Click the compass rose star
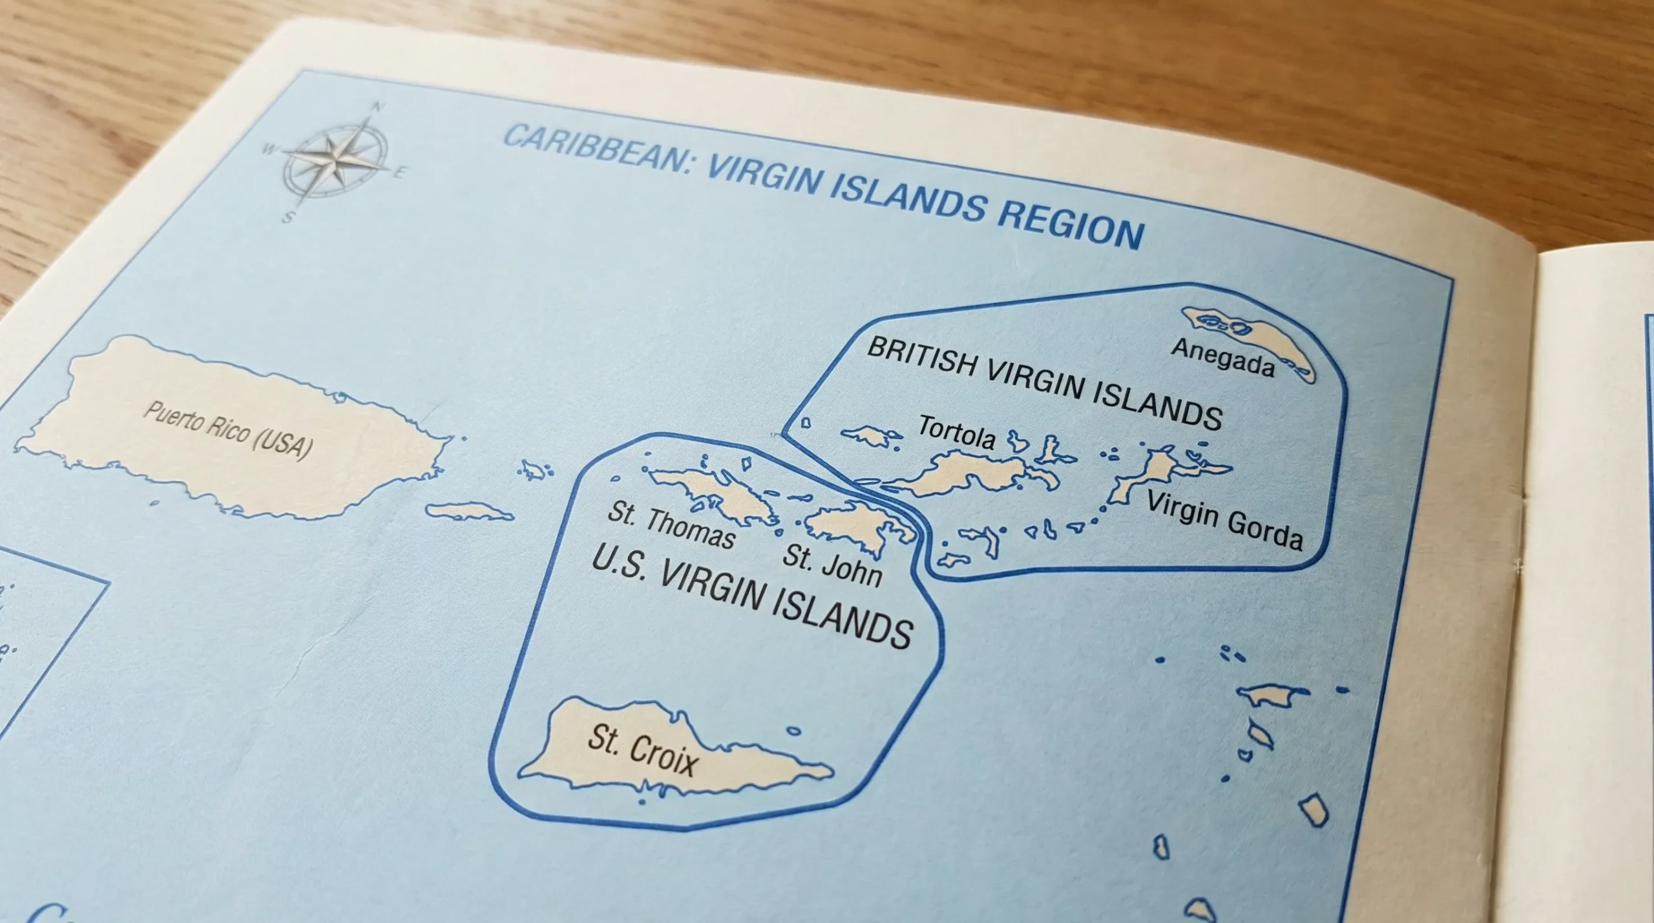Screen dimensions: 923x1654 (334, 157)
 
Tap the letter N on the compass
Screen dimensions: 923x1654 (379, 107)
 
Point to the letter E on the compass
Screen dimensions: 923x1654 (399, 173)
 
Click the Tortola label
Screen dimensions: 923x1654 (957, 433)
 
